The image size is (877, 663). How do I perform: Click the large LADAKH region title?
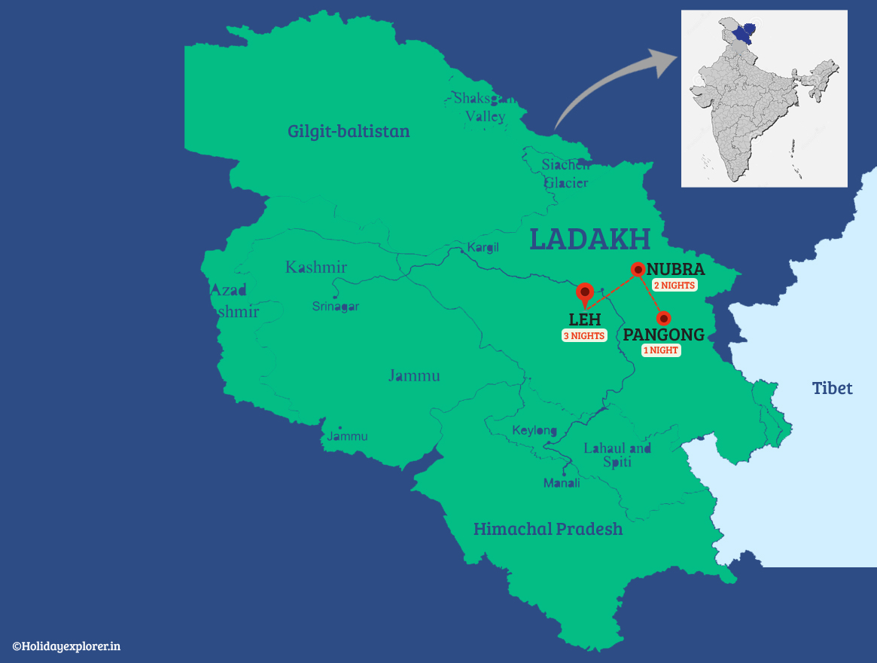pos(589,239)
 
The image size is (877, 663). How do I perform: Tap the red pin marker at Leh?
pos(584,292)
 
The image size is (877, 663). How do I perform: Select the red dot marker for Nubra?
pos(638,269)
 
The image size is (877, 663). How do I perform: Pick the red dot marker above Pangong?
pos(663,319)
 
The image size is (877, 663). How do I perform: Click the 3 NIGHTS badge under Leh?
pos(584,336)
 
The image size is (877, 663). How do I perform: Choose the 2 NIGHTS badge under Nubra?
pos(674,286)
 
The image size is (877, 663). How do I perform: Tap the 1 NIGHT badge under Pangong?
pos(660,350)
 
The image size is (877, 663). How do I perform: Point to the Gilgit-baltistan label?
pos(349,132)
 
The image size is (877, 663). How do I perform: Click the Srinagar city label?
pos(336,307)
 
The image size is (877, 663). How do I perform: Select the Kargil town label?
pos(483,247)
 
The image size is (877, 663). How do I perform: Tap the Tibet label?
pos(832,389)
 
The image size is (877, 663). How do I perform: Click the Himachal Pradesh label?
pos(548,529)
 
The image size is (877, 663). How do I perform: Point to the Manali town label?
pos(562,483)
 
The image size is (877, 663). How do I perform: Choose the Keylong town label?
pos(534,431)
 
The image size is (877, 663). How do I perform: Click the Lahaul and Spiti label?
pos(617,455)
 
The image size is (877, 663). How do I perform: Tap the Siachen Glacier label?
pos(566,174)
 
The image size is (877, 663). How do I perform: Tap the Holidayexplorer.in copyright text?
pos(66,646)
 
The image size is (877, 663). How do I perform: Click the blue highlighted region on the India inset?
pos(743,32)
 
